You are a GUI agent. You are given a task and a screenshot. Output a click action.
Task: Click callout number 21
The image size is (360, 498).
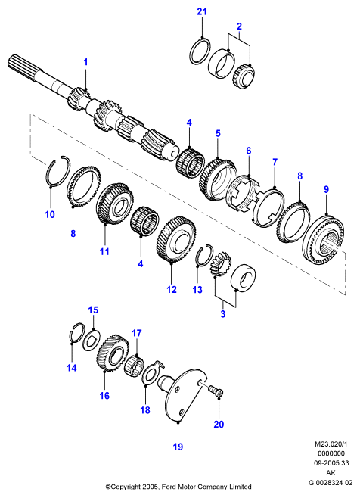202,12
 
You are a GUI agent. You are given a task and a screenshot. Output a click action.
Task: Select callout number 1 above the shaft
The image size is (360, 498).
85,62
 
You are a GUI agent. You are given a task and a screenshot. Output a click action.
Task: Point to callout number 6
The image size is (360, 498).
249,151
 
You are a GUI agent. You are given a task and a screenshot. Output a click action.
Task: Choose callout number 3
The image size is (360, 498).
223,314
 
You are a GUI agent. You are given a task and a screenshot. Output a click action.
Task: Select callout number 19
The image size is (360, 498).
178,447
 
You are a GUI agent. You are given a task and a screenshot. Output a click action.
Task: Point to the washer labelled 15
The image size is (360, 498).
91,341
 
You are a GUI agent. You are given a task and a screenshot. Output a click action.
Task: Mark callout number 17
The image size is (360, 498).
137,333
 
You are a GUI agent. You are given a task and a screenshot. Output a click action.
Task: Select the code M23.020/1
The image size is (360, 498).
330,444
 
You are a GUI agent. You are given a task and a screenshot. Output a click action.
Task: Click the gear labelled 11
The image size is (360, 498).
113,205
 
